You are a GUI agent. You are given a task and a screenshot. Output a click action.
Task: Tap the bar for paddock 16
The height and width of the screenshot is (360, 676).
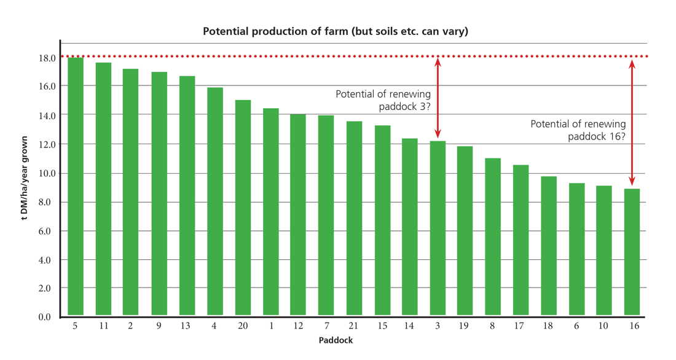tap(632, 252)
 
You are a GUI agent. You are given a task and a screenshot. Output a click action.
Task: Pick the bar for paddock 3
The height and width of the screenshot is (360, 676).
tap(438, 228)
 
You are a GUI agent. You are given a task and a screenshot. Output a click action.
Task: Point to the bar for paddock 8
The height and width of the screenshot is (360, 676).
tap(493, 237)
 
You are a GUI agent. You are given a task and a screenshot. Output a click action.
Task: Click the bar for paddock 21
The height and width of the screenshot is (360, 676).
tap(354, 218)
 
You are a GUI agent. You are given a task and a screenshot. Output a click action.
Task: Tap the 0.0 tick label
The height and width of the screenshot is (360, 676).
tap(45, 317)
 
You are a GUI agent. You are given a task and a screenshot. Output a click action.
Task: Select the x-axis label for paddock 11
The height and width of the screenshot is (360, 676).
tap(103, 326)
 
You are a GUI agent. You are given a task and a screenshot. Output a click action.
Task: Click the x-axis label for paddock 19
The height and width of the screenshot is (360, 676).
tap(465, 326)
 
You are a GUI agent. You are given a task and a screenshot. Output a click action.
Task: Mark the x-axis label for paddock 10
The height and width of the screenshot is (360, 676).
tap(604, 326)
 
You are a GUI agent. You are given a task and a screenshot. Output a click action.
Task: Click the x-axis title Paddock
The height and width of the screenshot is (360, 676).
tap(336, 340)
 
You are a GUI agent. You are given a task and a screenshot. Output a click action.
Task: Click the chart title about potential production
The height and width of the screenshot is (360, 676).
tap(336, 31)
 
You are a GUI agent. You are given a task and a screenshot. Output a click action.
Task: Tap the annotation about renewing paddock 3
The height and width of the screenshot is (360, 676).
tap(383, 100)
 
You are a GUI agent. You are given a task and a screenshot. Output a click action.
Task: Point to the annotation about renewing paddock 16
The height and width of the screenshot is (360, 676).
tap(578, 130)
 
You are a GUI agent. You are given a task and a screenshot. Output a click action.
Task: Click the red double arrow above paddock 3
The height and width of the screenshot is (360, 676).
tap(438, 97)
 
